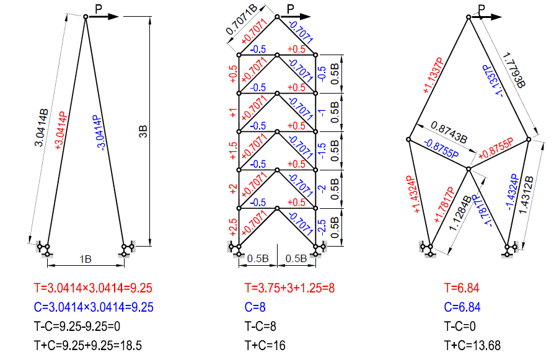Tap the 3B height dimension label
point(143,131)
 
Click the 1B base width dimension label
point(86,260)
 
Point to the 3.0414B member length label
point(41,128)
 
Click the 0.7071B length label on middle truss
point(242,19)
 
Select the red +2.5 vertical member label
point(233,227)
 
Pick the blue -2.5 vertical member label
point(322,227)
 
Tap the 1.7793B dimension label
point(514,70)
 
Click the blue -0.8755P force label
point(442,148)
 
